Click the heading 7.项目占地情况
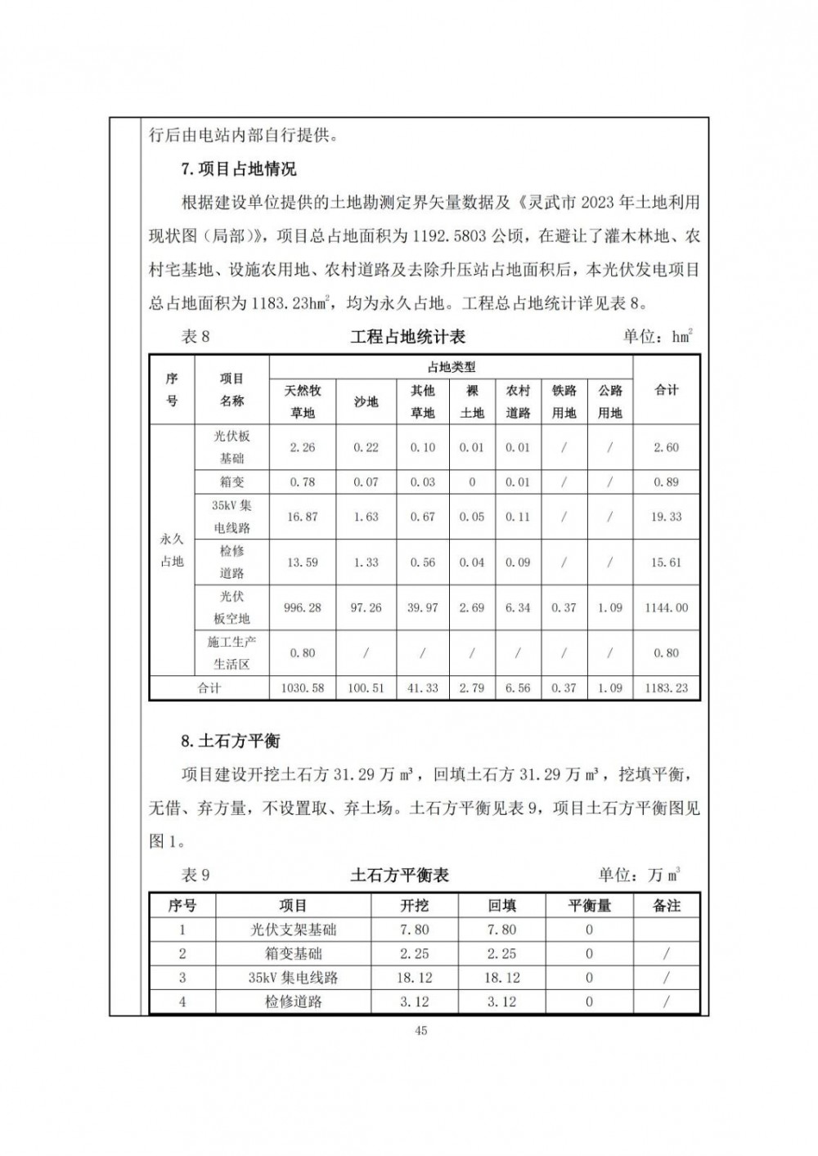click(x=238, y=169)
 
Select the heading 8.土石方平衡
click(x=231, y=741)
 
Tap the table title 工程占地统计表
click(x=407, y=337)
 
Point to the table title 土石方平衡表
click(x=399, y=875)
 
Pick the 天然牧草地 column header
click(x=303, y=401)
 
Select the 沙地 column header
click(x=366, y=401)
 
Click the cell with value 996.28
click(x=303, y=607)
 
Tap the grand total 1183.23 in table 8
click(x=667, y=688)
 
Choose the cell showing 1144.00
click(x=667, y=607)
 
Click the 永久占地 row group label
click(x=172, y=550)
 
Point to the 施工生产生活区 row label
click(x=231, y=653)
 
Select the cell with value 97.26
click(x=366, y=607)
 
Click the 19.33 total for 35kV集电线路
click(x=667, y=517)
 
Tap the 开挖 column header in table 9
click(x=414, y=906)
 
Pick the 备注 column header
click(x=667, y=906)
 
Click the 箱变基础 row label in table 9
click(x=293, y=953)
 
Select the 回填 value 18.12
click(x=501, y=978)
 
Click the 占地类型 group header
click(x=452, y=368)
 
